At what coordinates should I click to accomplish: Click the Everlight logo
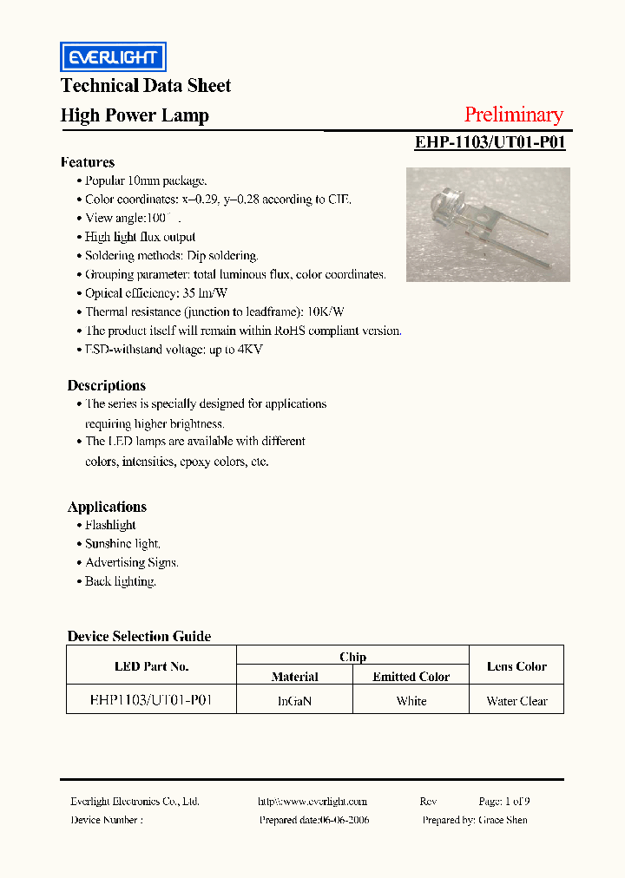113,57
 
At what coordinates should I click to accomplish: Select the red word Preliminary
513,115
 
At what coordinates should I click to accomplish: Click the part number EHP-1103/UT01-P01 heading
490,142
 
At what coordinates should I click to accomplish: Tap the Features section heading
88,162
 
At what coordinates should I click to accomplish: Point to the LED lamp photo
488,225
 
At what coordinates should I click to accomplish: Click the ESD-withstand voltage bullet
174,350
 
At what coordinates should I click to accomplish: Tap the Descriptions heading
107,385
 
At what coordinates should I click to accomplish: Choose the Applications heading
108,507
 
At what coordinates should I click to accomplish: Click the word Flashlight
110,525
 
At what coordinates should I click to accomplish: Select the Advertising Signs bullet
131,562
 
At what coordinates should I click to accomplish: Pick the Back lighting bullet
120,581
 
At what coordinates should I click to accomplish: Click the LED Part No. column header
151,666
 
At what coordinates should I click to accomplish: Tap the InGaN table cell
294,701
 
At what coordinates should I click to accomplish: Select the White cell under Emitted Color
411,701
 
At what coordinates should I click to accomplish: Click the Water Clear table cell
516,701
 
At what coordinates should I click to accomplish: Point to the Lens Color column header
516,666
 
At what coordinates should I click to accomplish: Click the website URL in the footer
312,802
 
